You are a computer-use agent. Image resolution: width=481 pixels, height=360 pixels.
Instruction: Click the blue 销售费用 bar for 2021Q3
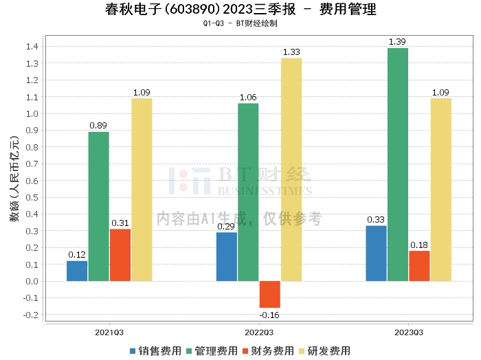click(x=77, y=271)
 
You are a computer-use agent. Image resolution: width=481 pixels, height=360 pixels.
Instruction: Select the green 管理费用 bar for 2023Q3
click(x=397, y=165)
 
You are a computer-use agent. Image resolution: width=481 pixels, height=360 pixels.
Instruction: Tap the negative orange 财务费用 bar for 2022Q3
click(x=269, y=294)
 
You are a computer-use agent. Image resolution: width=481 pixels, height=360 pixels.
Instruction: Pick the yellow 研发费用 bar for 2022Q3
click(x=291, y=170)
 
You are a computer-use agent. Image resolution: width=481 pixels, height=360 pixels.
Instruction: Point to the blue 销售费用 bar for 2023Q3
click(x=376, y=254)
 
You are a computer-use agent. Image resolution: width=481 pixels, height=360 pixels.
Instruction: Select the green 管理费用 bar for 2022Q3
click(x=248, y=192)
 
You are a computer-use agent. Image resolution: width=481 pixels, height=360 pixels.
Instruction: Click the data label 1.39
click(x=397, y=43)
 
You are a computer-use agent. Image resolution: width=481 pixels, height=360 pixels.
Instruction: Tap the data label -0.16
click(x=269, y=315)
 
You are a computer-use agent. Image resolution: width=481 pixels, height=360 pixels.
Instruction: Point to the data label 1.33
click(x=291, y=52)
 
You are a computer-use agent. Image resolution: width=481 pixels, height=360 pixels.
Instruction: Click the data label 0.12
click(x=77, y=255)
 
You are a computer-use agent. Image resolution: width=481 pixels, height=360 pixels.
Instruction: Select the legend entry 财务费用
click(x=268, y=351)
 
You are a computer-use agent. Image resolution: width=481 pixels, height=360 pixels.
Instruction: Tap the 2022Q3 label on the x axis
click(x=259, y=333)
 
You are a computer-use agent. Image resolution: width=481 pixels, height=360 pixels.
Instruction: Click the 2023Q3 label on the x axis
click(x=408, y=333)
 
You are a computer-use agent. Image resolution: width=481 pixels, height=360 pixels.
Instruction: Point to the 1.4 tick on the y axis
click(x=32, y=47)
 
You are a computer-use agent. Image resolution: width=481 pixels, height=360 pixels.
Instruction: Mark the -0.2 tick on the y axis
click(x=31, y=315)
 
